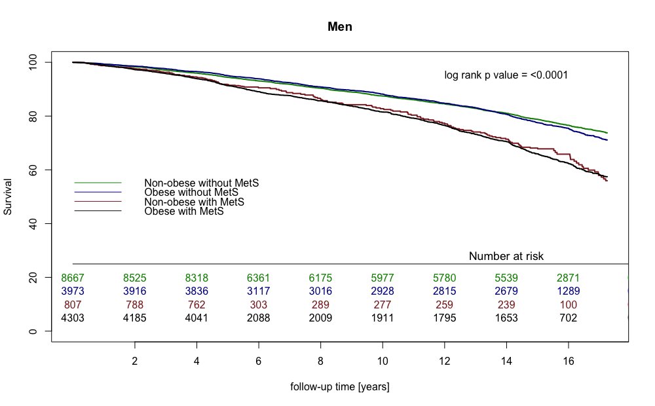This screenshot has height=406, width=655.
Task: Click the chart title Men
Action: tap(341, 28)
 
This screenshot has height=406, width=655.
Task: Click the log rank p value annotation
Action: tap(506, 75)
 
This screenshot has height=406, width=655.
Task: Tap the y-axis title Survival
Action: tap(9, 196)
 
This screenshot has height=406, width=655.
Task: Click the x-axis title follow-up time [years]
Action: tap(340, 387)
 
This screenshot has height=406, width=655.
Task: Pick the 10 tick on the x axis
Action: tap(383, 361)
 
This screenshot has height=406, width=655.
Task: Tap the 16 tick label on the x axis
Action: tap(568, 361)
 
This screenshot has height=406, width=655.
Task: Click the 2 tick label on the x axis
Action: tap(135, 361)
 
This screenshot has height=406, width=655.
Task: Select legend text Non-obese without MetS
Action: tap(201, 183)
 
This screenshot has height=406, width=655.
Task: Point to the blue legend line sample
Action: tap(98, 192)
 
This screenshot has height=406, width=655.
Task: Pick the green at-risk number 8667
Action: tap(73, 278)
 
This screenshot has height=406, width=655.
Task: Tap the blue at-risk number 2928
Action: tap(383, 291)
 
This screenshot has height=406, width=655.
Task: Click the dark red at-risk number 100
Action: tap(568, 305)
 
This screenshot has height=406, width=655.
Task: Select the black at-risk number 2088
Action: tap(259, 319)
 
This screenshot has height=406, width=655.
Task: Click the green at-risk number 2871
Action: tap(568, 278)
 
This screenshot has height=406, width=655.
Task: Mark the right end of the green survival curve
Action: tap(607, 133)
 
